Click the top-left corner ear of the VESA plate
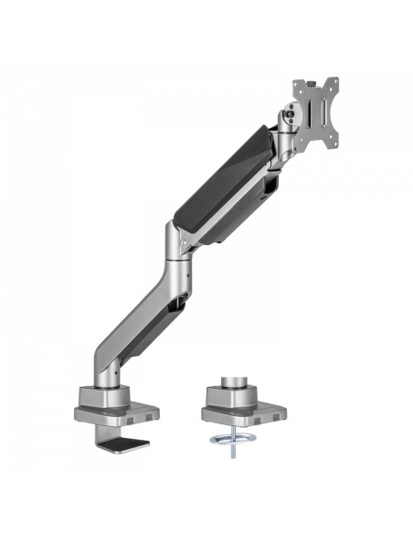point(297,84)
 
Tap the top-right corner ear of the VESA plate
point(334,82)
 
